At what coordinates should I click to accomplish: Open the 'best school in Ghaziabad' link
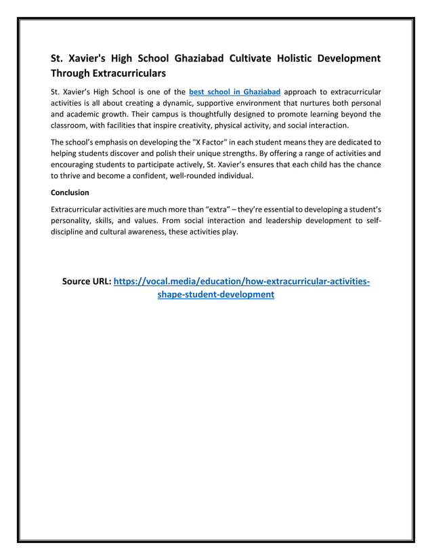tap(234, 91)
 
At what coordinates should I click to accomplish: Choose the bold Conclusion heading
tap(70, 193)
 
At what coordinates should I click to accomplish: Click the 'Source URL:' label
tap(86, 281)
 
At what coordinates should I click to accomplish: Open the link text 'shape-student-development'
tap(215, 295)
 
